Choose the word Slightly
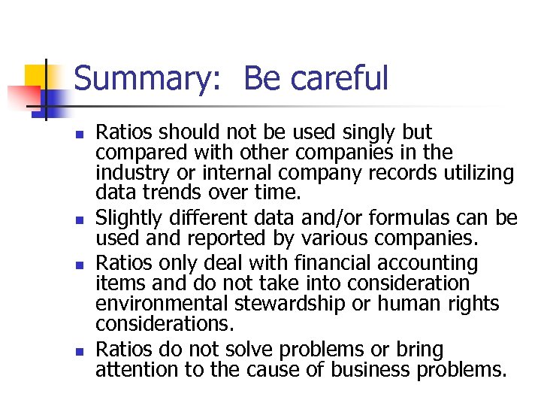click(x=125, y=219)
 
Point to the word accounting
click(x=436, y=263)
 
